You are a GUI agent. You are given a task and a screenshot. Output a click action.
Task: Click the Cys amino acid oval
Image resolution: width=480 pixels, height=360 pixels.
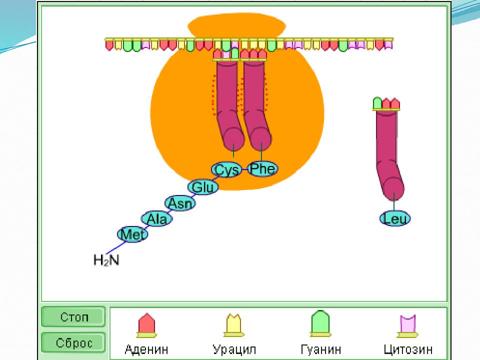(226, 169)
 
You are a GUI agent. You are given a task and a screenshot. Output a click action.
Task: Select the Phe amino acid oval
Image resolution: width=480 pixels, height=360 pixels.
(262, 168)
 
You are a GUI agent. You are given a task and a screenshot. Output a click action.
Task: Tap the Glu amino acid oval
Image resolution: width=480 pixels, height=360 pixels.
(203, 187)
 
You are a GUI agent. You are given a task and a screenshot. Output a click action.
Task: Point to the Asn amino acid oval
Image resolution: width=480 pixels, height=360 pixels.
(180, 203)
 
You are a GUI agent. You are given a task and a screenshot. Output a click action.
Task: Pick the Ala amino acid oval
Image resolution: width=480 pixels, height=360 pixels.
(156, 219)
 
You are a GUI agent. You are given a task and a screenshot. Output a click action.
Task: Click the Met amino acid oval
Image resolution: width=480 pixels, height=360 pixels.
(132, 234)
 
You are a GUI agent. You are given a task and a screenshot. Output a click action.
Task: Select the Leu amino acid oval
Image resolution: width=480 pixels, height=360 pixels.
(395, 218)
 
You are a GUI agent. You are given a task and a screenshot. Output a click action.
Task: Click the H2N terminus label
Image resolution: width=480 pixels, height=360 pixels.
(106, 260)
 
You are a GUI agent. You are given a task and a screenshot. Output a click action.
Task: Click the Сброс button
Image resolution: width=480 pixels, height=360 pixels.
(73, 342)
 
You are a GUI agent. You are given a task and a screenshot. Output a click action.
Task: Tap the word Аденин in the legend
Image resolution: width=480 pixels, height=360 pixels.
(146, 349)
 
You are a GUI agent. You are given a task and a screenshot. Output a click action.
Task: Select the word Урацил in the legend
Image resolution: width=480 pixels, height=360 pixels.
(234, 349)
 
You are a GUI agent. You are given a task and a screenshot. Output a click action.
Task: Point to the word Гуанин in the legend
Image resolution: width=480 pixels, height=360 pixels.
(321, 349)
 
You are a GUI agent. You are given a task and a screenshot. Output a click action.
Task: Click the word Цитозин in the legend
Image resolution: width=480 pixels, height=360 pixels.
(408, 349)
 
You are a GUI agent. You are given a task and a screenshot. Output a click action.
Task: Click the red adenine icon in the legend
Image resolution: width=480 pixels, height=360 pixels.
(146, 325)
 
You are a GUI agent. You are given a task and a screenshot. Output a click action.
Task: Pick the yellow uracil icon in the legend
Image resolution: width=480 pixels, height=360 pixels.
(234, 325)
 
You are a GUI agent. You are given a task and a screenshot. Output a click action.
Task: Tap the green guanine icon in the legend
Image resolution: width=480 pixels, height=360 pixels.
(320, 323)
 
